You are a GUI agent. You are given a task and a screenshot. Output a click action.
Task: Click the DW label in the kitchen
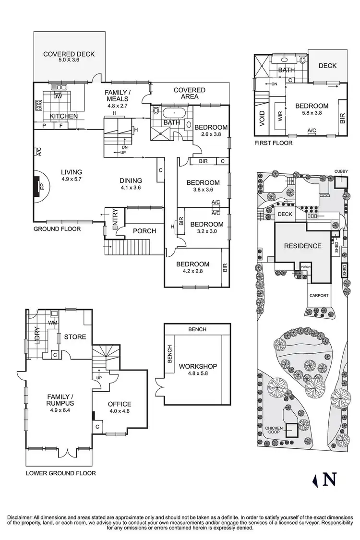[x=58, y=96]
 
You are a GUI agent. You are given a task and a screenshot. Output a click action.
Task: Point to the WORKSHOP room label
[x=198, y=366]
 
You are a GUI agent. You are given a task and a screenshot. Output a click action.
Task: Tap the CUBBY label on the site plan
[x=342, y=171]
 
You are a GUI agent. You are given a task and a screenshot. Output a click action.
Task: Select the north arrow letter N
[x=329, y=480]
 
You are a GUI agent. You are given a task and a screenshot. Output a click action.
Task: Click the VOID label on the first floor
[x=262, y=119]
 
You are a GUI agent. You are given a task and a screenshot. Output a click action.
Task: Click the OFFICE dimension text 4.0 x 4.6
[x=120, y=411]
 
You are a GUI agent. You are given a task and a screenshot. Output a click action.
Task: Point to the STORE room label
[x=75, y=336]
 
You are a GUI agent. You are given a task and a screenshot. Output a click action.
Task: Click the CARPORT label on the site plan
[x=319, y=296]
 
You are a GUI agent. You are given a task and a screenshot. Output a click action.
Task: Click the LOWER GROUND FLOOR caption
[x=61, y=473]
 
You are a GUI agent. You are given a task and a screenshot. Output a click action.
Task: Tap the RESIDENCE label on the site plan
[x=302, y=246]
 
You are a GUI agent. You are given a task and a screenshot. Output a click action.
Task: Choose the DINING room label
[x=131, y=180]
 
